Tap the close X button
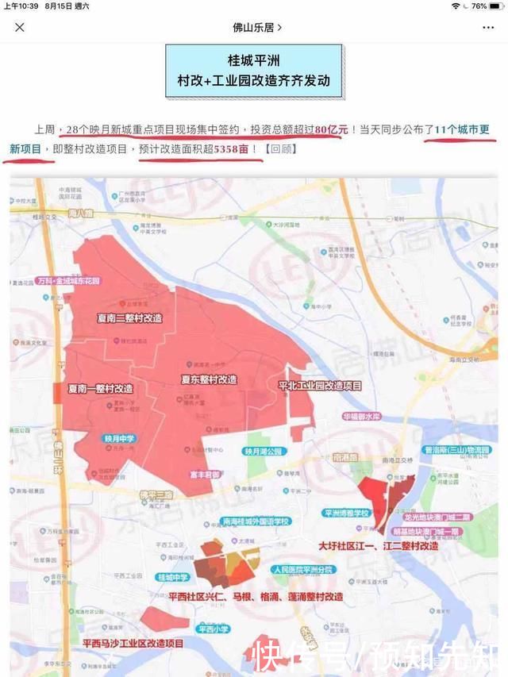pyautogui.click(x=20, y=27)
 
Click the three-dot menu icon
pyautogui.click(x=487, y=27)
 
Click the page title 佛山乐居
pyautogui.click(x=253, y=27)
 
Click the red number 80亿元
pyautogui.click(x=333, y=129)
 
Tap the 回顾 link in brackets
pyautogui.click(x=283, y=148)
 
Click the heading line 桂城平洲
pyautogui.click(x=254, y=61)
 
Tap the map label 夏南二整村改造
pyautogui.click(x=129, y=317)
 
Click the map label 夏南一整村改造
pyautogui.click(x=100, y=389)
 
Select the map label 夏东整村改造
pyautogui.click(x=208, y=379)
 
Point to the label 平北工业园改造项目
pyautogui.click(x=320, y=385)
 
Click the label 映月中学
pyautogui.click(x=120, y=438)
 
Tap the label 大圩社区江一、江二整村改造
pyautogui.click(x=378, y=546)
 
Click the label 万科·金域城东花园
pyautogui.click(x=67, y=281)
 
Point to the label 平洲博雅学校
pyautogui.click(x=348, y=513)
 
